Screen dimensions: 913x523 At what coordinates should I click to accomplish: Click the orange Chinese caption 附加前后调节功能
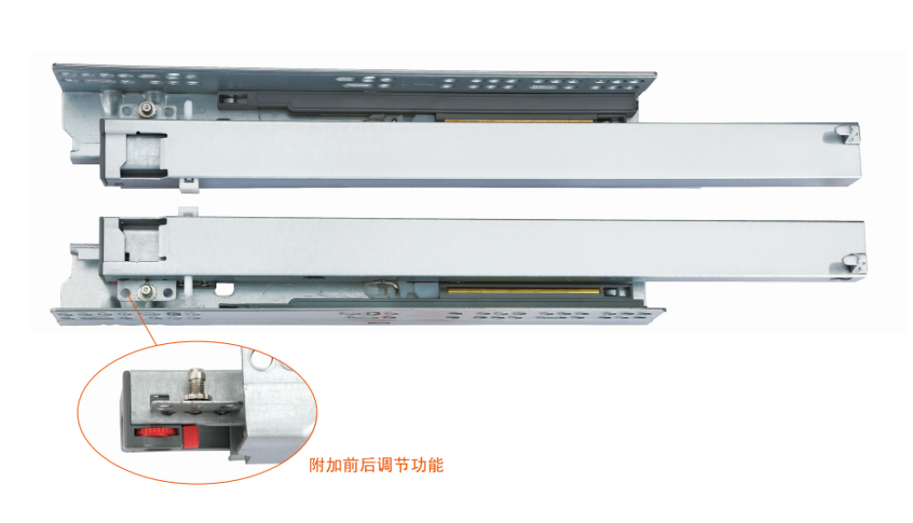376,465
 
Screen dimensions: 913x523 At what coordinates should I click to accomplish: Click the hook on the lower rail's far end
855,265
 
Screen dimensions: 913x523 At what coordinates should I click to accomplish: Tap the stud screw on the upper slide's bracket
145,109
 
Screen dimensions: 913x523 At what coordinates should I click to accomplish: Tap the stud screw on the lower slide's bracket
145,292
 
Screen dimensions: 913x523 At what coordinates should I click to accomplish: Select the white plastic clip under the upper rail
188,184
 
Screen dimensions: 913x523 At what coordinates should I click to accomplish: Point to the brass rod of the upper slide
519,121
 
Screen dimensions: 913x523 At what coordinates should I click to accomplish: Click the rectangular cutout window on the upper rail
143,154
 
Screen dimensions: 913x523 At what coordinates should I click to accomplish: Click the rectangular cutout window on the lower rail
142,239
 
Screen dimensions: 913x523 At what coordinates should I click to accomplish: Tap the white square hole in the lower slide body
225,288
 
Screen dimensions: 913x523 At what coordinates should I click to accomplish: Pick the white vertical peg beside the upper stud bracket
189,109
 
